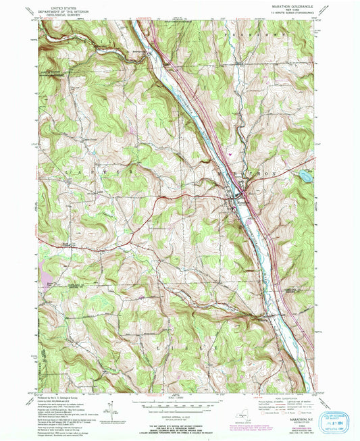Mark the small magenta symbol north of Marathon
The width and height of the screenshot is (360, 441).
coord(232,154)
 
